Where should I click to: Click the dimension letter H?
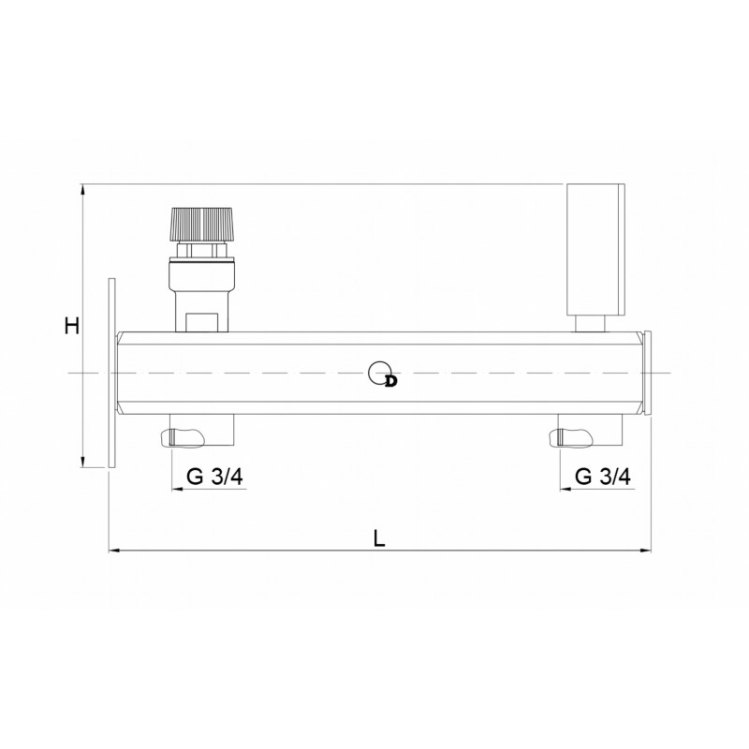[72, 326]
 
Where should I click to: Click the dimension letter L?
[379, 538]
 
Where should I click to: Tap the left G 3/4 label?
[214, 477]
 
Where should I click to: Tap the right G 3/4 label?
[603, 477]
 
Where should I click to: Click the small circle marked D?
[380, 373]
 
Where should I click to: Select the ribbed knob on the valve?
[202, 225]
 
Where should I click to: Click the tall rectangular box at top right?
[595, 249]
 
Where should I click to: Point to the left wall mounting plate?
[111, 373]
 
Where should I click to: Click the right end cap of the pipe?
[647, 373]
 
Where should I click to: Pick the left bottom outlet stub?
[201, 430]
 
